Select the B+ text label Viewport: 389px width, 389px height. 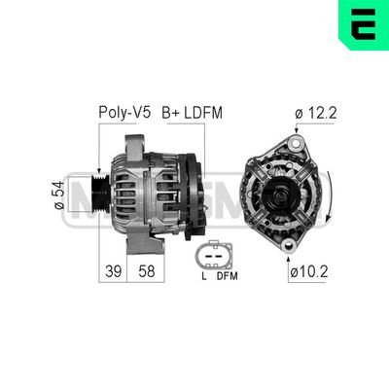point(171,113)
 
